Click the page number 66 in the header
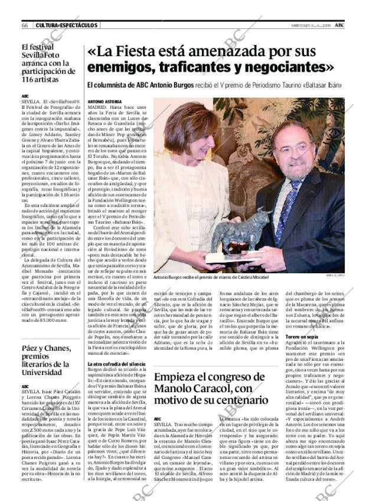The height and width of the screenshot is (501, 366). coord(25,25)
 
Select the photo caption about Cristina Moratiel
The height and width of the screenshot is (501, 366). coord(210,277)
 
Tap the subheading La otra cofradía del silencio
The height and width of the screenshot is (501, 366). coord(116,347)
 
